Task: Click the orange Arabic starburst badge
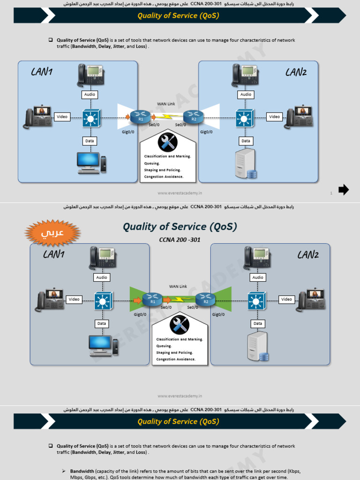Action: [52, 233]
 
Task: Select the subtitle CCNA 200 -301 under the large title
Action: [180, 240]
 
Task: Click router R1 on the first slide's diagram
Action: [140, 117]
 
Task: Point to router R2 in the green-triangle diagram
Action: [205, 299]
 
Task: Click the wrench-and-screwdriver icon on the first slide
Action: [167, 142]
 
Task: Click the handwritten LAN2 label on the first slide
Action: [296, 72]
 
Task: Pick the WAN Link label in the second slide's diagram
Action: [178, 286]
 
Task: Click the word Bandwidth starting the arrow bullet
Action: [82, 471]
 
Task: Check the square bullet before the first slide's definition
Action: [51, 40]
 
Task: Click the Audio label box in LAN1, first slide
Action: [90, 95]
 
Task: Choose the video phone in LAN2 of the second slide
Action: [309, 300]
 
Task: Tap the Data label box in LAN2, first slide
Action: [246, 141]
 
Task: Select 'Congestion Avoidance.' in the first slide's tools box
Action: [164, 177]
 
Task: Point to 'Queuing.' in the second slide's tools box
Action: [164, 346]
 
